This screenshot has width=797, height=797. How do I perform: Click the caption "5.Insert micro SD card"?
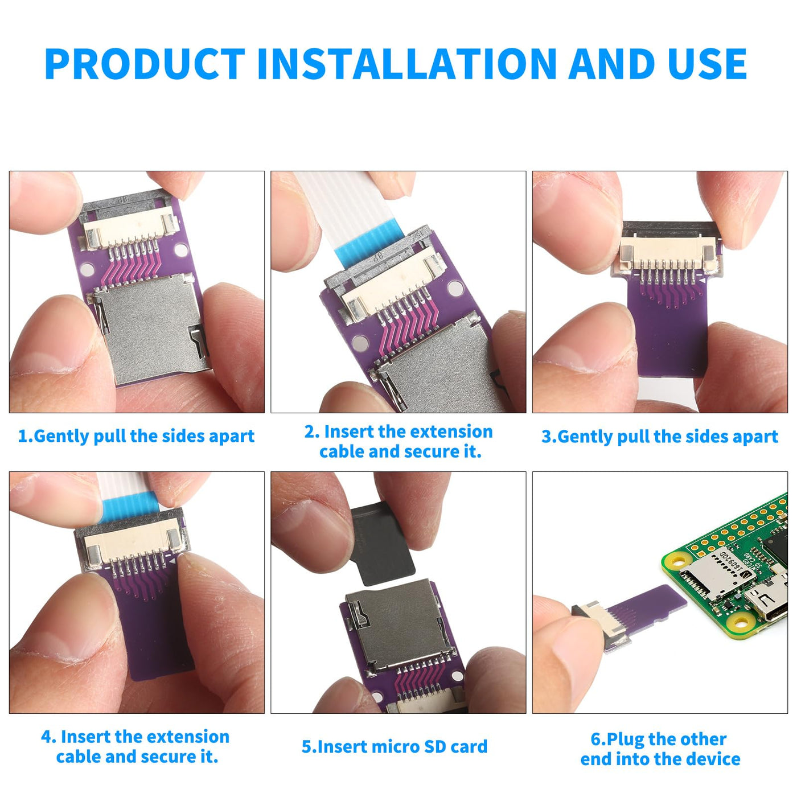tap(395, 746)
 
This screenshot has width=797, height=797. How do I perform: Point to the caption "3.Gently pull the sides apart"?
tap(660, 437)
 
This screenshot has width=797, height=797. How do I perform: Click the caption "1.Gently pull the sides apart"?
tap(136, 437)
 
